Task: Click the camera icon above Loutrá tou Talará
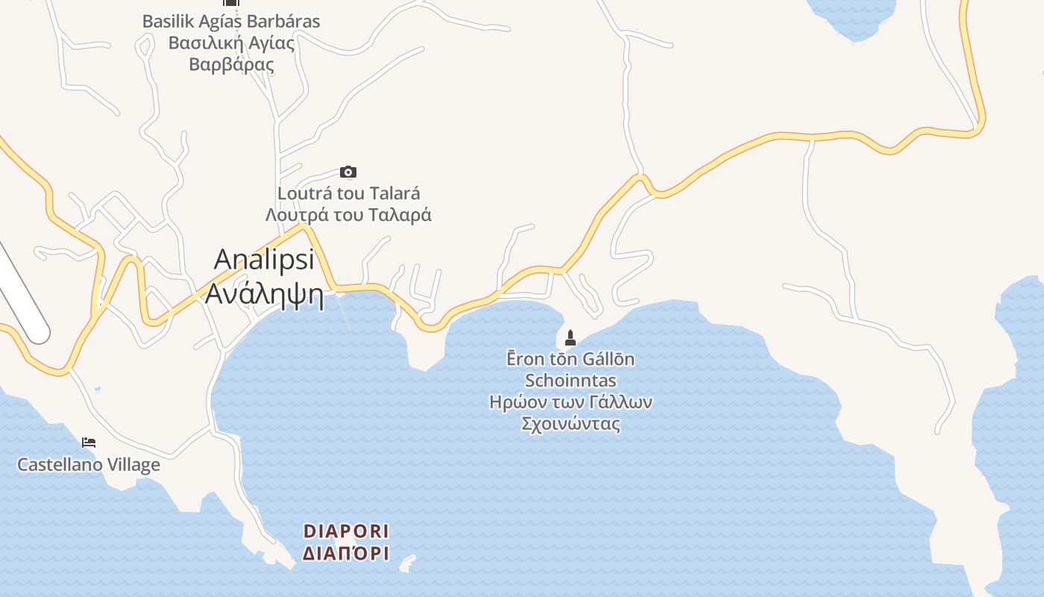click(x=348, y=172)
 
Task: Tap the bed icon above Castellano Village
click(x=89, y=443)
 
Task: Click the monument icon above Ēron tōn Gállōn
click(x=570, y=338)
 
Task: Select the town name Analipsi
click(x=264, y=260)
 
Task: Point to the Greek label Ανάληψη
click(x=264, y=294)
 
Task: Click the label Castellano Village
click(x=89, y=465)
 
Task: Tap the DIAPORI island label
click(x=346, y=531)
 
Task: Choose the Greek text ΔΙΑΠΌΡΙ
click(x=346, y=554)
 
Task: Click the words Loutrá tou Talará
click(x=348, y=193)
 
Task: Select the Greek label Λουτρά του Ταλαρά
click(x=348, y=215)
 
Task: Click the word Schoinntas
click(x=570, y=381)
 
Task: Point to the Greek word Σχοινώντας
click(x=570, y=424)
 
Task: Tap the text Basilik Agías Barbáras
click(x=231, y=21)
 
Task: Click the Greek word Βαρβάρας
click(x=231, y=64)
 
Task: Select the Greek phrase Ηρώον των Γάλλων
click(x=570, y=402)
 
